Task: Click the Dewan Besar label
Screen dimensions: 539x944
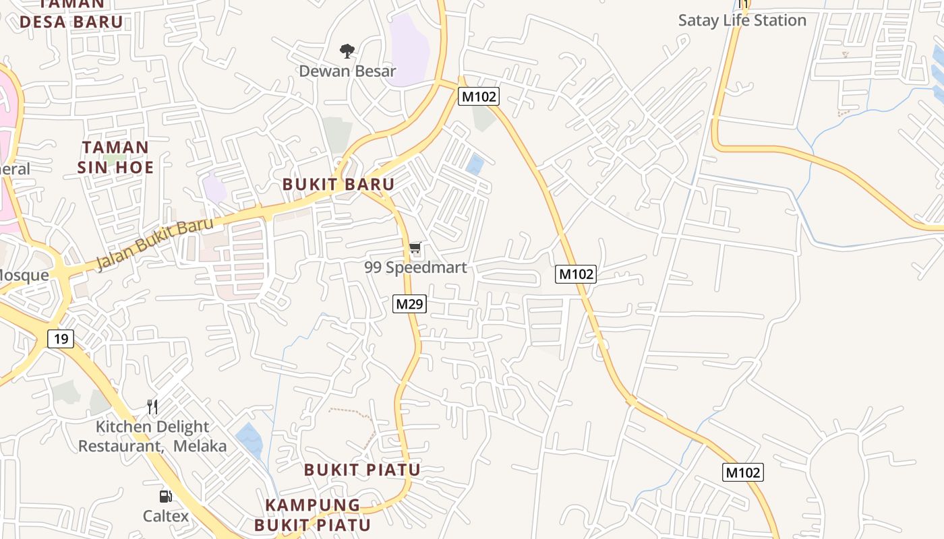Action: [347, 71]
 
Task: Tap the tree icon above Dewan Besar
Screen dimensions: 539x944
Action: [347, 51]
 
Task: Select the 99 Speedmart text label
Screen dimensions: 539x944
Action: [415, 267]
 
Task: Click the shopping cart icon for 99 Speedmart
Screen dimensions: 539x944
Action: [415, 249]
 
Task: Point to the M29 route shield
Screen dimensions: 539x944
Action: [409, 304]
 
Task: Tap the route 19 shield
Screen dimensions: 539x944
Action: [61, 338]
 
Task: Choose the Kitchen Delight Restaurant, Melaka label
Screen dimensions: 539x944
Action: [153, 436]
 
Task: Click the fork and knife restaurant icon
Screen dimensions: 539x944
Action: [152, 406]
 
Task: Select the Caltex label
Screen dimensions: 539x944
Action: [165, 516]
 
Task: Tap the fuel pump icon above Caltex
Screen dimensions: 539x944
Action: [165, 497]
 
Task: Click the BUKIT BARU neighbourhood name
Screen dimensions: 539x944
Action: [338, 184]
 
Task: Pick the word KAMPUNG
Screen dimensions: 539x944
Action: [313, 505]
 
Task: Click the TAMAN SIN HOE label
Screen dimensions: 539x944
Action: [115, 157]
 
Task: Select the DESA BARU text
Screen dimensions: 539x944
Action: [71, 22]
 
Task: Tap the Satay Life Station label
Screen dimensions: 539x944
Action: [742, 20]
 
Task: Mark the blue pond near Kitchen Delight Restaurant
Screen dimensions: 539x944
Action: [249, 439]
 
